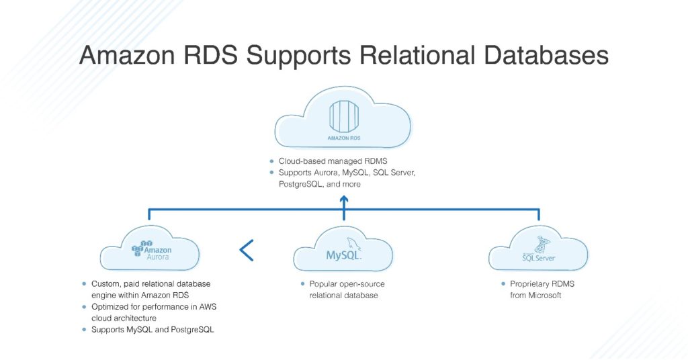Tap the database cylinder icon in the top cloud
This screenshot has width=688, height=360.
tap(343, 116)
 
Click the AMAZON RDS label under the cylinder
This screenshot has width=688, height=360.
tap(343, 138)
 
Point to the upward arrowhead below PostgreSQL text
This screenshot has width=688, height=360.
tap(344, 199)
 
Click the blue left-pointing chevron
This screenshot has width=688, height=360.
tap(247, 250)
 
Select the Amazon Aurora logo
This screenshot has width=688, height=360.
tap(150, 249)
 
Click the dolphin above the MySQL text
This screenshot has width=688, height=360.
tap(351, 244)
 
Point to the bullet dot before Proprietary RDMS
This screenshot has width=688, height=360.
tap(503, 284)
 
